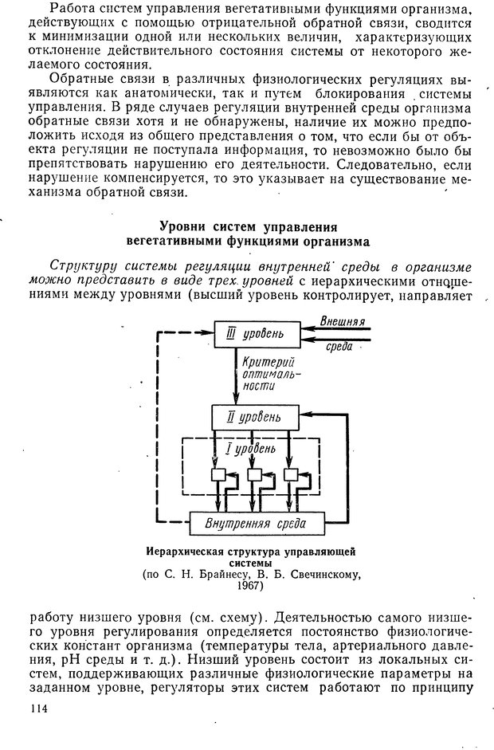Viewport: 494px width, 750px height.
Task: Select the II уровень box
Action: point(253,417)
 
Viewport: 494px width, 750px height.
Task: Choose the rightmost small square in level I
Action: point(291,475)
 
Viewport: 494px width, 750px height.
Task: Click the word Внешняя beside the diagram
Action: point(342,321)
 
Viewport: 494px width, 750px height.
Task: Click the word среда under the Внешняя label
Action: point(340,346)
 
